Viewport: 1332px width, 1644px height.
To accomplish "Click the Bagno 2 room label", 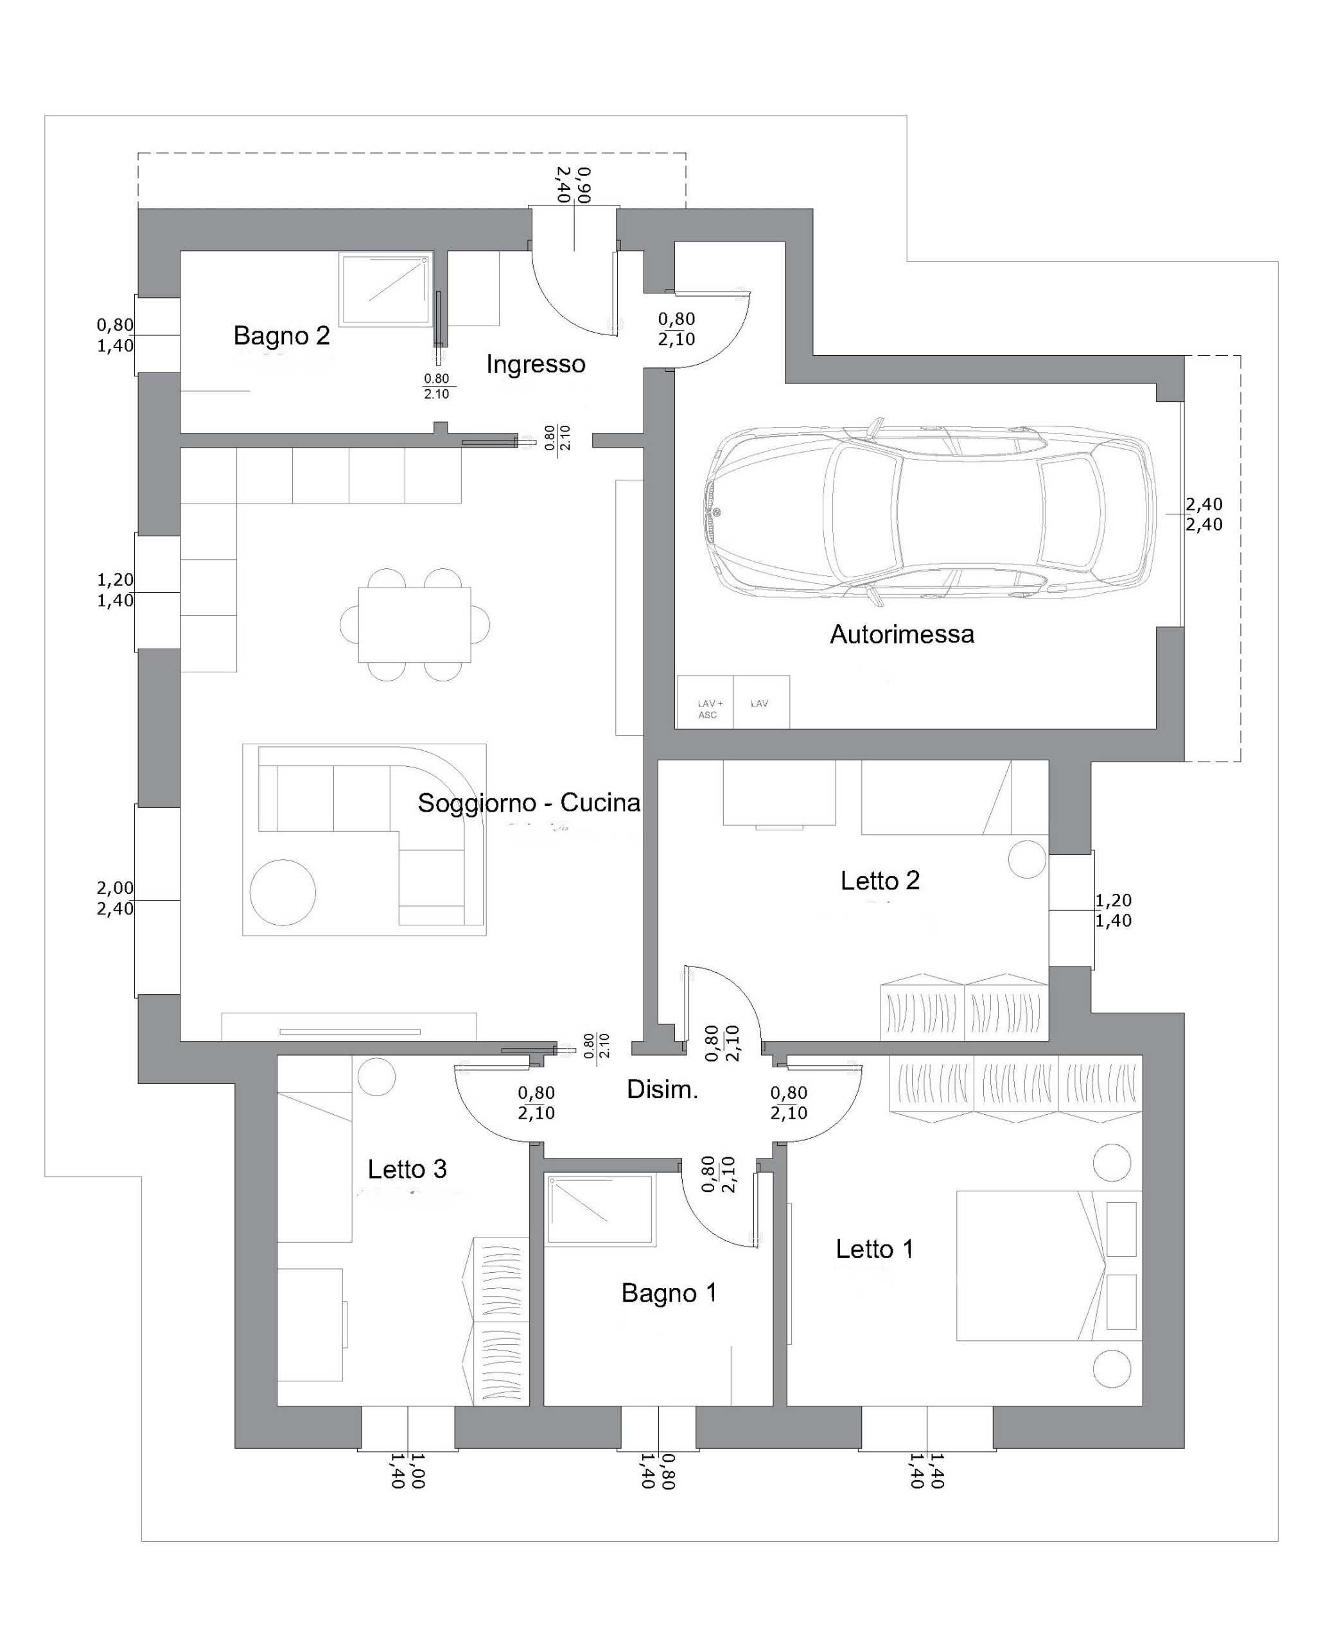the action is [281, 336].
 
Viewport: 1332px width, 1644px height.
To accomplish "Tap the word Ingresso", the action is [536, 364].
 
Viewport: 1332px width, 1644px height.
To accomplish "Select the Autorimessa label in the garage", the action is [902, 634].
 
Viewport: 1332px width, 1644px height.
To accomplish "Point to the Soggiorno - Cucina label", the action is [529, 803].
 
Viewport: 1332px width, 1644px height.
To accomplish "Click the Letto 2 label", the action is [880, 880].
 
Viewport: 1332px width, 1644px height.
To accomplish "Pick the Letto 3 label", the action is [407, 1169].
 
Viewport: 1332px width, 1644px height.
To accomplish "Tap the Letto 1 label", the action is [875, 1249].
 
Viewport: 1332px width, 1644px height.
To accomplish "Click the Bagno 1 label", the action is [669, 1293].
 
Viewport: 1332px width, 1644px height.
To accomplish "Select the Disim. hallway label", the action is [662, 1089].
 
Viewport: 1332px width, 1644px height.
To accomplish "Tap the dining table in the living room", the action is [414, 624].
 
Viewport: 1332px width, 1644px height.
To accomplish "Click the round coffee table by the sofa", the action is [283, 892].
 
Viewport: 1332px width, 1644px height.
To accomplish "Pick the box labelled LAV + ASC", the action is [706, 702].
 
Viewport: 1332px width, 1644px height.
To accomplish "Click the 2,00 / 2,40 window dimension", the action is [115, 898].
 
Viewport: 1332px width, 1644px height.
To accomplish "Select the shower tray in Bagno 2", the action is [386, 289].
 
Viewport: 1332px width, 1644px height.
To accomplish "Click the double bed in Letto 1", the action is [1049, 1266].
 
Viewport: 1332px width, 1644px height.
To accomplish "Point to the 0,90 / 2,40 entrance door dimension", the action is [574, 185].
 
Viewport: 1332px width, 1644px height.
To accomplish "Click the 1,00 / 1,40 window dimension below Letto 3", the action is [407, 1471].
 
